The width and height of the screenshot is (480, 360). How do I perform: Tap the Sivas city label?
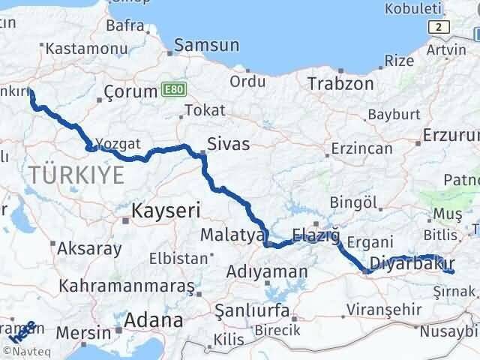pyautogui.click(x=229, y=143)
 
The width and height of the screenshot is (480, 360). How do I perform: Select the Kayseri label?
pyautogui.click(x=162, y=211)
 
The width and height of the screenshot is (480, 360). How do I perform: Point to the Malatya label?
pyautogui.click(x=229, y=235)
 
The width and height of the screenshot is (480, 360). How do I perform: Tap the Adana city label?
pyautogui.click(x=153, y=320)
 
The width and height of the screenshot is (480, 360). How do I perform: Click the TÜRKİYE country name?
pyautogui.click(x=77, y=176)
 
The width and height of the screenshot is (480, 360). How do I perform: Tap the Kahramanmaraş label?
pyautogui.click(x=127, y=286)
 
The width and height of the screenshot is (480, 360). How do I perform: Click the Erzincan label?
pyautogui.click(x=362, y=148)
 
